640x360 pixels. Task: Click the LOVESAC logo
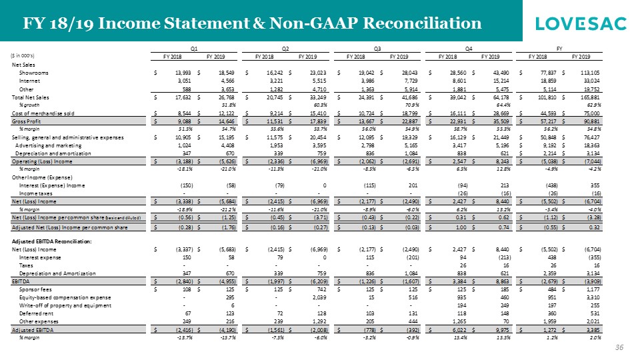click(x=581, y=24)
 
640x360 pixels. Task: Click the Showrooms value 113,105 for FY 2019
click(x=591, y=72)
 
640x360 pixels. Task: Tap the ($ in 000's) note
click(x=22, y=56)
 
